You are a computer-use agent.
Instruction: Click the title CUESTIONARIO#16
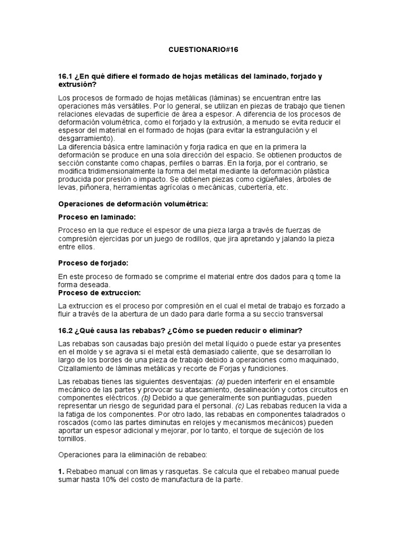coord(204,49)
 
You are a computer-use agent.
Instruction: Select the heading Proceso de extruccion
coord(99,292)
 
